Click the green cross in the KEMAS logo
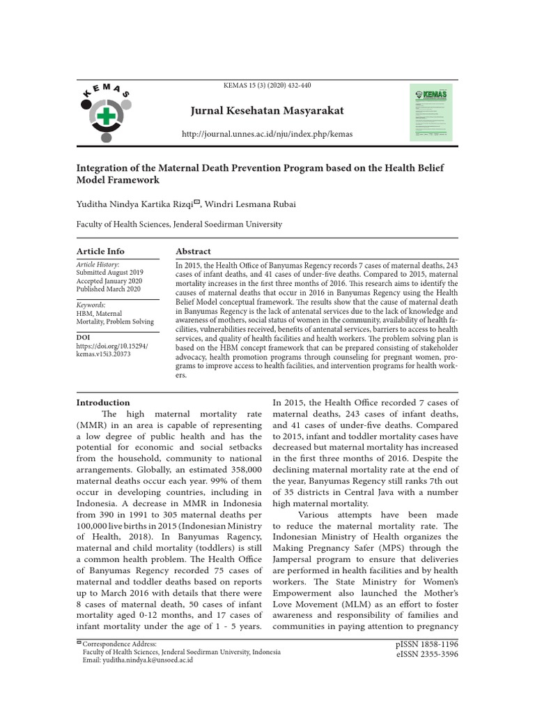(x=105, y=116)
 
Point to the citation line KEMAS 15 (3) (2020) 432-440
(x=267, y=86)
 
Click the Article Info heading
(x=100, y=251)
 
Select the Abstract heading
(x=193, y=251)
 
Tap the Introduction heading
(x=102, y=402)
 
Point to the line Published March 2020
(x=108, y=289)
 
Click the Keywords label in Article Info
(x=91, y=305)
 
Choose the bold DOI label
(x=82, y=337)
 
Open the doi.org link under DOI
(x=111, y=349)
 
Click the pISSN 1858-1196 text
(x=426, y=644)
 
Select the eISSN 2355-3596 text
(x=426, y=655)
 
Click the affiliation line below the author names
(x=179, y=225)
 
